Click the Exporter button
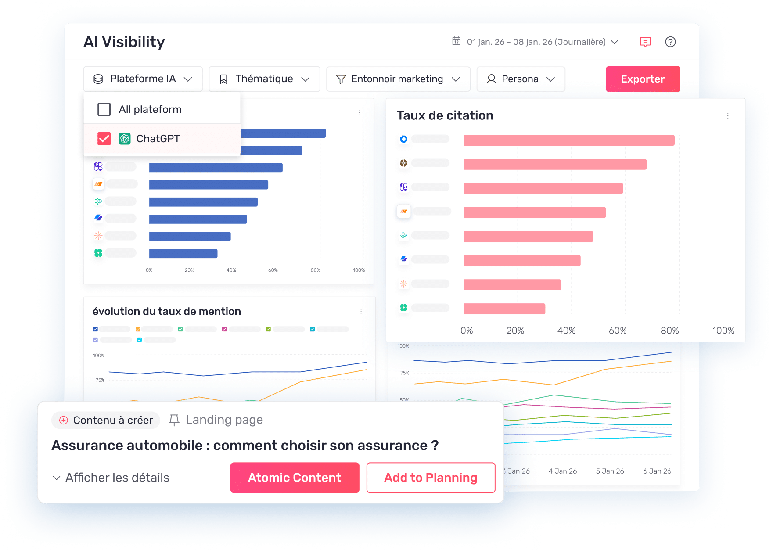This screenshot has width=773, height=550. [x=643, y=79]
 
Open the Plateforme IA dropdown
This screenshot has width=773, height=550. [x=143, y=79]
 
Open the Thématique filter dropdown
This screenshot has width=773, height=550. [x=264, y=79]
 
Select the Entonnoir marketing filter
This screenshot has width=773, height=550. [x=398, y=79]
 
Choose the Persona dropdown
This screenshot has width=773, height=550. [x=520, y=79]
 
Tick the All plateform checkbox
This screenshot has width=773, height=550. [x=104, y=109]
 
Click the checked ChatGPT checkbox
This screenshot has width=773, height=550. [x=104, y=139]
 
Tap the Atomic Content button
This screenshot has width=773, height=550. [x=295, y=478]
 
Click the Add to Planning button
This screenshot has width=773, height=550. [x=431, y=478]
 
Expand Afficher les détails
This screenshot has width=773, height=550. [x=111, y=478]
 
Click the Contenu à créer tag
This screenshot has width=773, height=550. [x=106, y=420]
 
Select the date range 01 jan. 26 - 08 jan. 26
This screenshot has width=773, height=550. [x=536, y=42]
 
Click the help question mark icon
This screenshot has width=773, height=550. [x=670, y=42]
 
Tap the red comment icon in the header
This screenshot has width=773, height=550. [x=645, y=42]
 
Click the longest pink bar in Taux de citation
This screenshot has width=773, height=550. [x=568, y=140]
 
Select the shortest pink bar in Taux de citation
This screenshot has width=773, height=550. [x=504, y=309]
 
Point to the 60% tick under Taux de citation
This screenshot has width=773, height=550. [x=617, y=331]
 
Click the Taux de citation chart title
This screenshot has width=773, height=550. [x=445, y=115]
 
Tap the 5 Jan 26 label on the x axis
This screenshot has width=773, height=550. [x=610, y=471]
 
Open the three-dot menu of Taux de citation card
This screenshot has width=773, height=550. [x=727, y=116]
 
